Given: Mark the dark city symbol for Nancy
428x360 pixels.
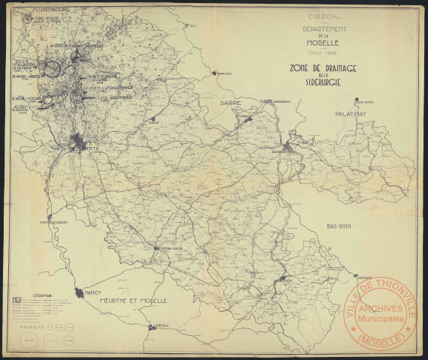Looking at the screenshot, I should pyautogui.click(x=78, y=293).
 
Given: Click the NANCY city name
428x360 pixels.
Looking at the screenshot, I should pyautogui.click(x=93, y=286).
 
